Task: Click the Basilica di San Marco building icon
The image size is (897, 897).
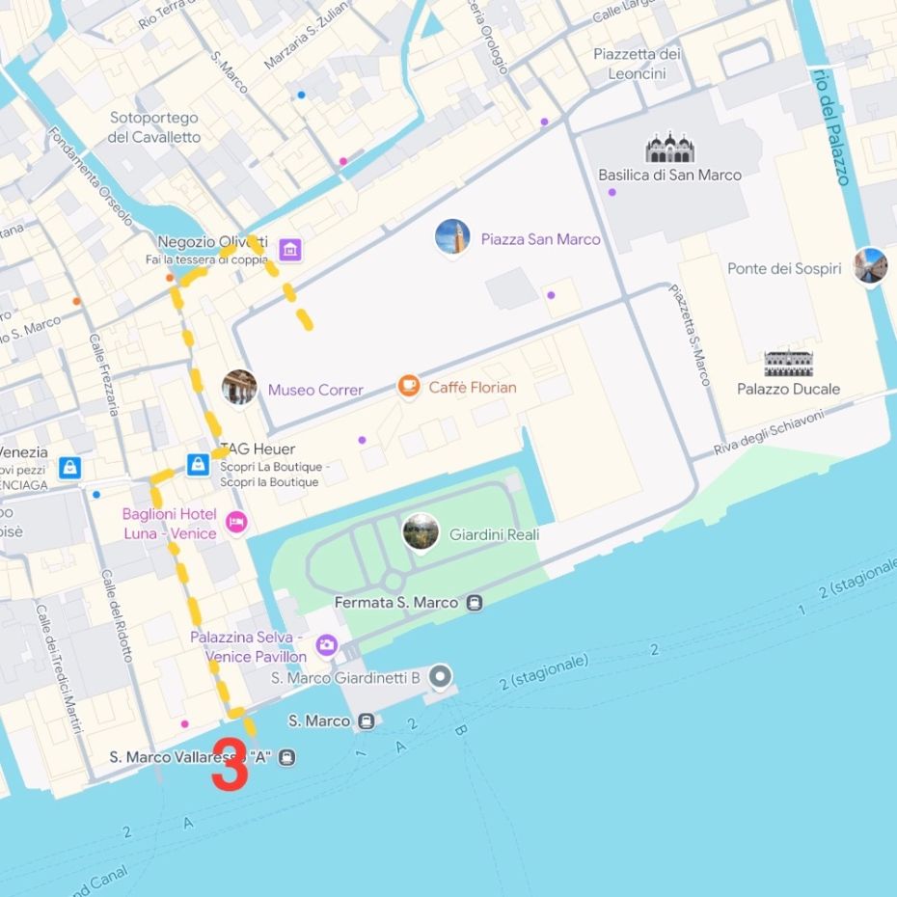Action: [x=669, y=149]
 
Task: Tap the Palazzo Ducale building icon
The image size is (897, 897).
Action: [x=788, y=364]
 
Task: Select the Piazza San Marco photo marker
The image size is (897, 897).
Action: [x=452, y=237]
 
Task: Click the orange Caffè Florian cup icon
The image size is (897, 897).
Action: [x=409, y=387]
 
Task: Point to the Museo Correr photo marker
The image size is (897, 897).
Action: [x=239, y=388]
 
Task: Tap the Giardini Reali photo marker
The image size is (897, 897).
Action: [x=421, y=532]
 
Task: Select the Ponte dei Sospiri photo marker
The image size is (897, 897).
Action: [x=870, y=266]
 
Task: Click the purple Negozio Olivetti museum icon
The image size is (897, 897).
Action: [x=290, y=251]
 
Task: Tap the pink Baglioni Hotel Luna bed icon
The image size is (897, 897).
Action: [x=235, y=523]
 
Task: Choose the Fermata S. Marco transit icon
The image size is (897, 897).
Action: [x=474, y=603]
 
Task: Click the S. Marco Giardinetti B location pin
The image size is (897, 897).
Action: [x=441, y=677]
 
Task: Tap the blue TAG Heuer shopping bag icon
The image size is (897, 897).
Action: [x=198, y=465]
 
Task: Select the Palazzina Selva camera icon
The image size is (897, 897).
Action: [x=327, y=645]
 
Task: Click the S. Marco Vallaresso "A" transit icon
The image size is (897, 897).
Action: [x=286, y=758]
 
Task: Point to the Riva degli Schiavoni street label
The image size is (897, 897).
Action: [x=769, y=433]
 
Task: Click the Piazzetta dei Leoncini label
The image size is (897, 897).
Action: [x=637, y=64]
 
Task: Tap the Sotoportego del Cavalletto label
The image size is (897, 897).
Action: [x=154, y=127]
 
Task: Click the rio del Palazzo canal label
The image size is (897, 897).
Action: [x=831, y=126]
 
